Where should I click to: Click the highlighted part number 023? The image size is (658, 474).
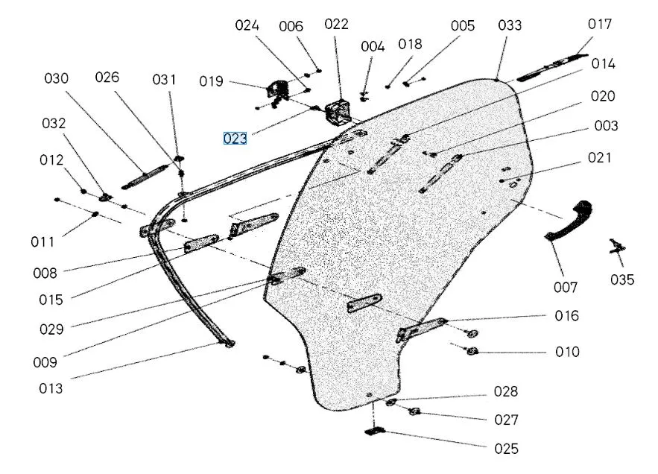[235, 138]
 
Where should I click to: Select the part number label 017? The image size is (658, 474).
[600, 25]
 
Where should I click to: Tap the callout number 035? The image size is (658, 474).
[622, 279]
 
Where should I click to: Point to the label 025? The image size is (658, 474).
[507, 449]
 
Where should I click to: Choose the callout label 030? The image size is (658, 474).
[56, 78]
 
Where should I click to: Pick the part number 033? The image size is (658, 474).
[510, 25]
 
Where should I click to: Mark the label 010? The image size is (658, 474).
[566, 351]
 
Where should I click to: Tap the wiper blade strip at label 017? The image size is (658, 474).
[552, 65]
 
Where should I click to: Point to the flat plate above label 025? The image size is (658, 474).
[376, 430]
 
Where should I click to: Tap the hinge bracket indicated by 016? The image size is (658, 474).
[422, 329]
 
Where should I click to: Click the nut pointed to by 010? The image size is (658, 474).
[472, 351]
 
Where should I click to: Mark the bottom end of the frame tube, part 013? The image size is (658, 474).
[228, 342]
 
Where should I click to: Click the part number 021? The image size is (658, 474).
[598, 157]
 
